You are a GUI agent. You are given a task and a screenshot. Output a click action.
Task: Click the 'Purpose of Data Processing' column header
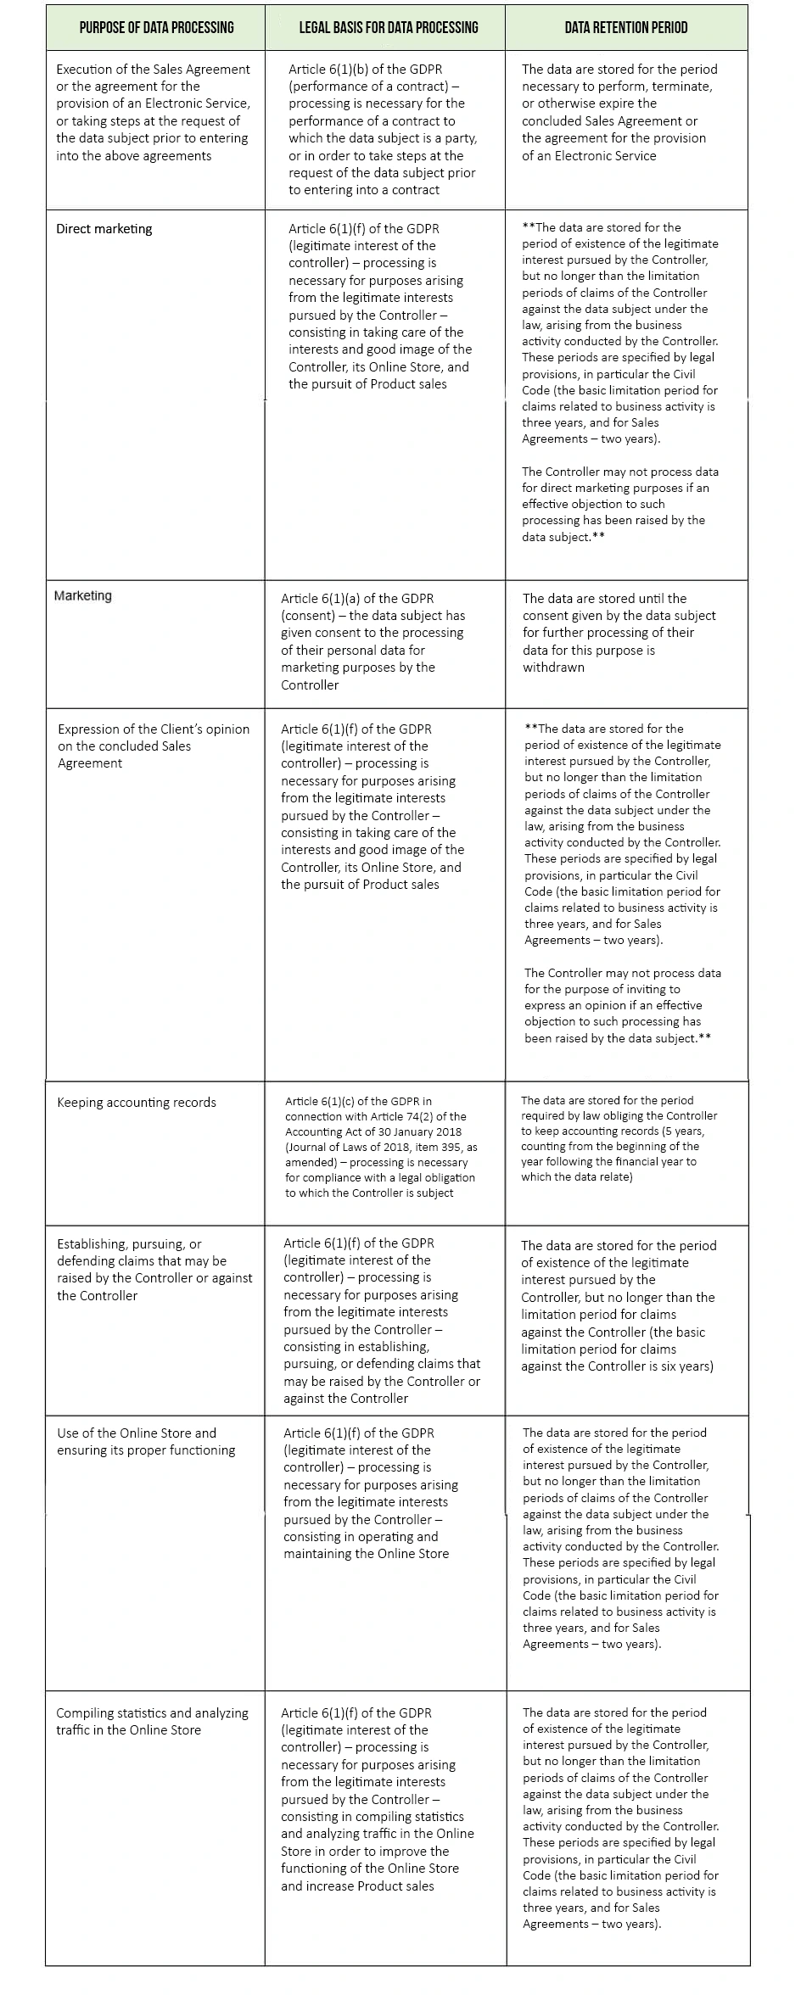pyautogui.click(x=156, y=27)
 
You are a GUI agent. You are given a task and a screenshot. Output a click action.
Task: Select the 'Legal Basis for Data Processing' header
pyautogui.click(x=388, y=27)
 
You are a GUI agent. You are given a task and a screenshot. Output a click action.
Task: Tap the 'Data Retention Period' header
pyautogui.click(x=626, y=27)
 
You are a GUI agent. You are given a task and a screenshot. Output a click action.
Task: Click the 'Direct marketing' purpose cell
pyautogui.click(x=104, y=229)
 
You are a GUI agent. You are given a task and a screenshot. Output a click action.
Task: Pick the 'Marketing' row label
pyautogui.click(x=83, y=596)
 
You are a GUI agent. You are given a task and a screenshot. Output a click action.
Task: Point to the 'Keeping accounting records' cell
pyautogui.click(x=137, y=1103)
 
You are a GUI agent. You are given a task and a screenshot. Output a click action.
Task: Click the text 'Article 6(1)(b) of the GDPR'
pyautogui.click(x=365, y=70)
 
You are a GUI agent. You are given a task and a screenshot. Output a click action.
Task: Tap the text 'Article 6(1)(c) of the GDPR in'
pyautogui.click(x=358, y=1102)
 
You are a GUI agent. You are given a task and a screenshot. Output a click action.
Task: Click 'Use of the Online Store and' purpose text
pyautogui.click(x=137, y=1433)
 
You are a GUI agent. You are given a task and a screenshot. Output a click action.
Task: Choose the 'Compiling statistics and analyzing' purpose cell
pyautogui.click(x=153, y=1712)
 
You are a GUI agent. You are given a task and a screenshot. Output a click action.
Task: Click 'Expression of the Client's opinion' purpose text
pyautogui.click(x=154, y=729)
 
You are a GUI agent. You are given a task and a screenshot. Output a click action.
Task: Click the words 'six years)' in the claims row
pyautogui.click(x=683, y=1366)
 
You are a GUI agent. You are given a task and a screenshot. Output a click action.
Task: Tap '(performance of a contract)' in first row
pyautogui.click(x=367, y=87)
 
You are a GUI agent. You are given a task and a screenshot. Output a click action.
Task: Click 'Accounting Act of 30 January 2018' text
pyautogui.click(x=374, y=1132)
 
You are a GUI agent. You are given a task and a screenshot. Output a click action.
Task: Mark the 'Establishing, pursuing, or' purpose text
pyautogui.click(x=129, y=1244)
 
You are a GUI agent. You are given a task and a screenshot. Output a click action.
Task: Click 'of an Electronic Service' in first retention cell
pyautogui.click(x=589, y=156)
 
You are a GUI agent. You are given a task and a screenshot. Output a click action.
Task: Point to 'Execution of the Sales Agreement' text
pyautogui.click(x=153, y=70)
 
